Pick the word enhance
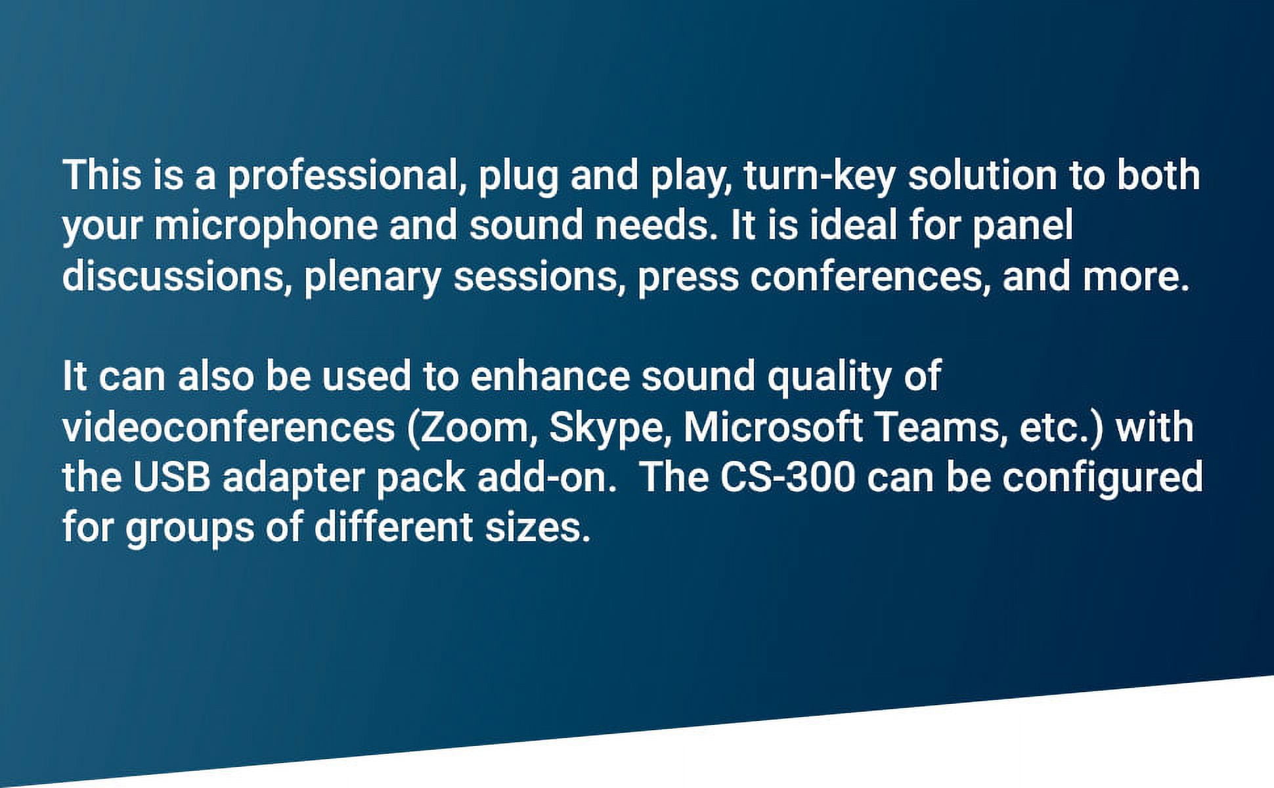pyautogui.click(x=550, y=376)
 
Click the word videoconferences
pyautogui.click(x=229, y=427)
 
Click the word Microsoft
pyautogui.click(x=773, y=427)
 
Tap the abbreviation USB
pyautogui.click(x=172, y=477)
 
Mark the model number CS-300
pyautogui.click(x=788, y=477)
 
